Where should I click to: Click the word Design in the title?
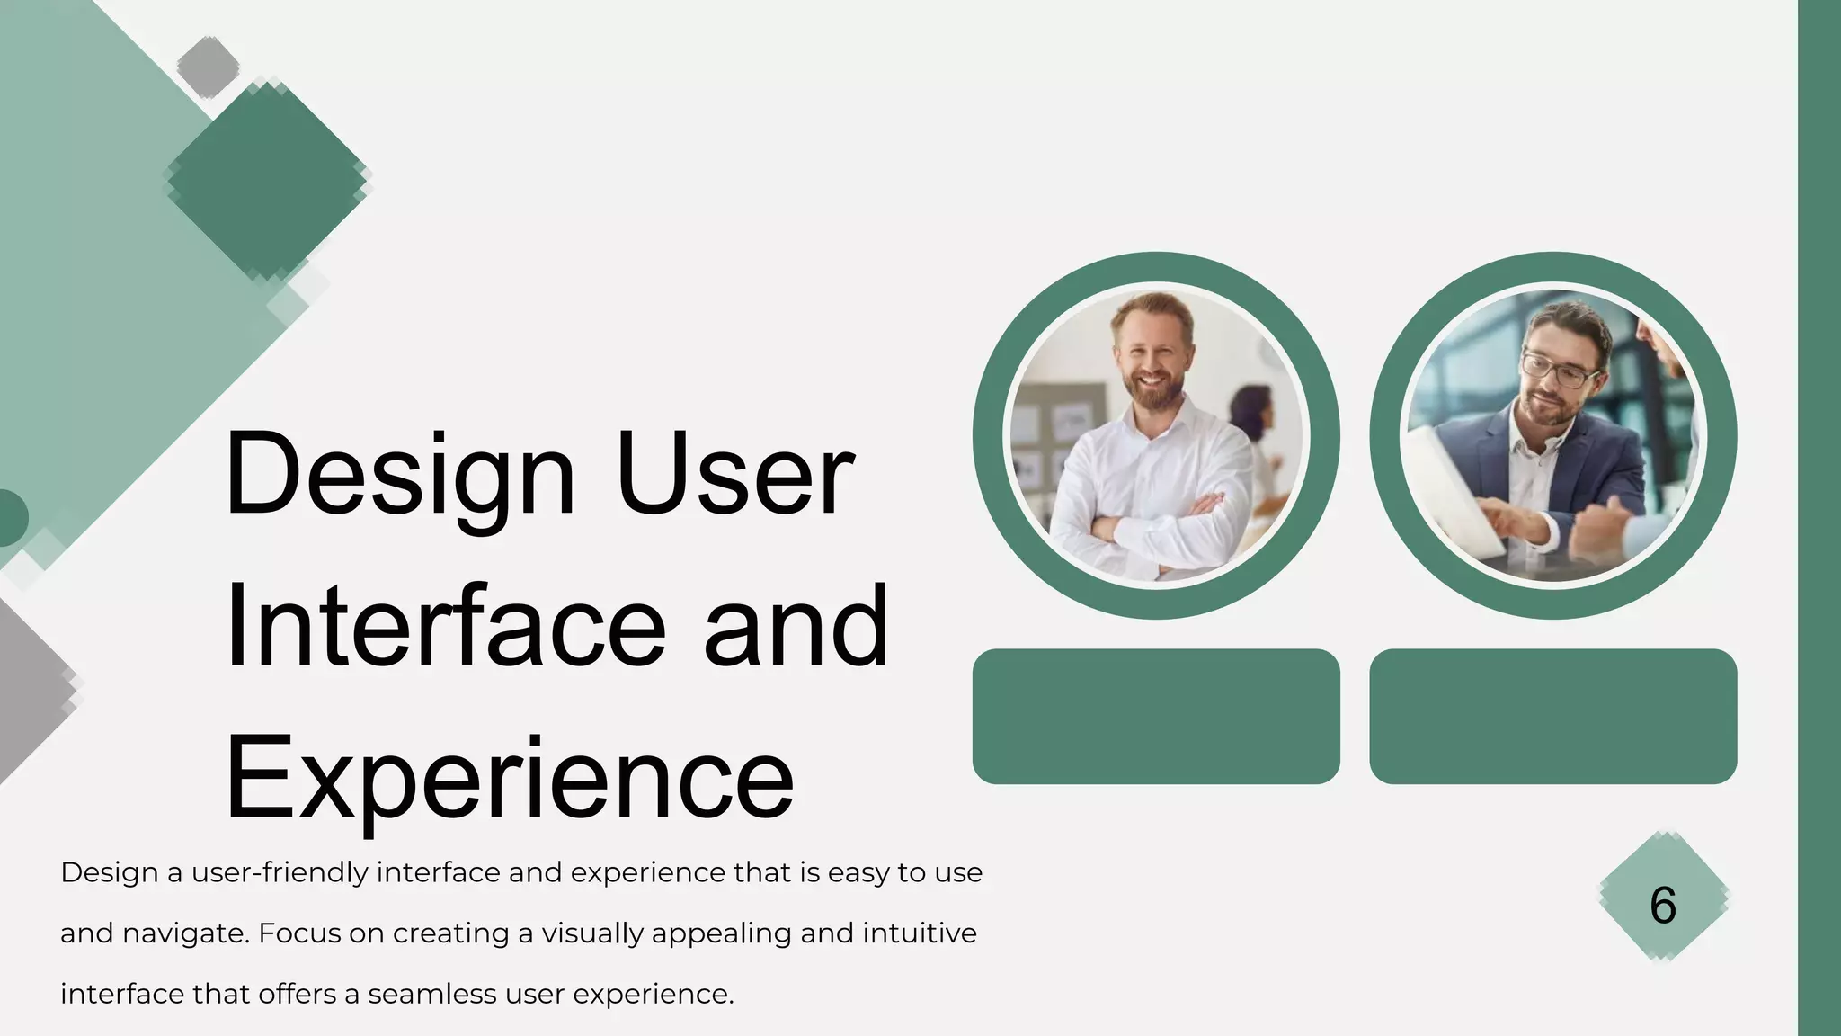399,474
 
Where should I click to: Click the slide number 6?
1663,905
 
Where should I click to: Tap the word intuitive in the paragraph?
919,934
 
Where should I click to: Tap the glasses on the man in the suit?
1561,370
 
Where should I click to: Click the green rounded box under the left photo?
1156,716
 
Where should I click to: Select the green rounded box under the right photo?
1552,716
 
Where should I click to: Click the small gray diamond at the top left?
208,66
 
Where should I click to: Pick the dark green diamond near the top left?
267,179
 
